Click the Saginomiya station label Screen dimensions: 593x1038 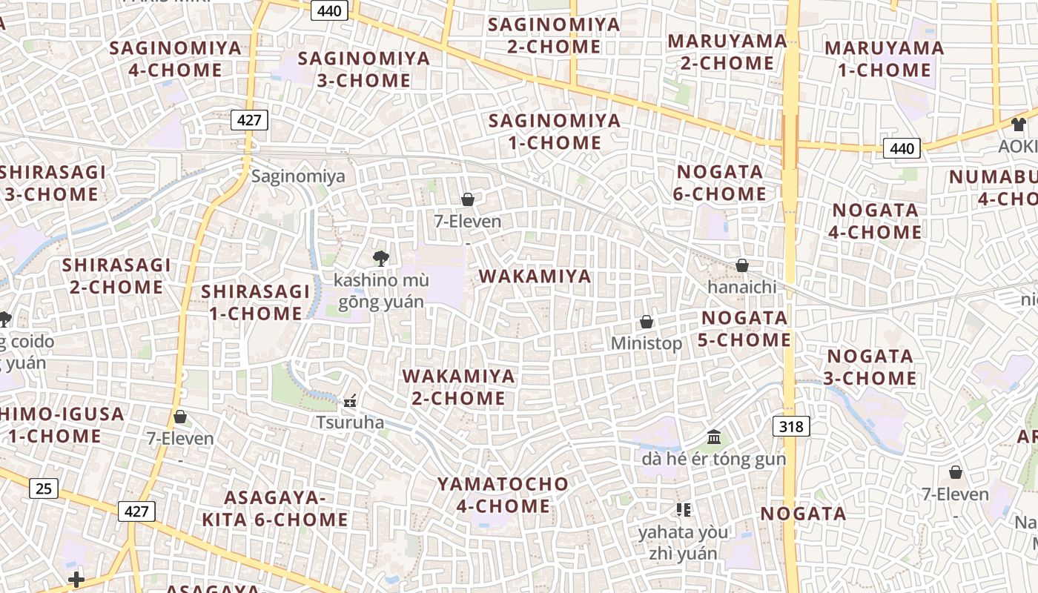(298, 176)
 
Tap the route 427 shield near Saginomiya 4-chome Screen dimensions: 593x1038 (248, 120)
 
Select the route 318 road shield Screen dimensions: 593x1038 (791, 426)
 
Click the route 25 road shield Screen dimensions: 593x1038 (44, 488)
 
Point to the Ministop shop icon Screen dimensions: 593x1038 (647, 322)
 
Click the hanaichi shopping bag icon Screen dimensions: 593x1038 (741, 265)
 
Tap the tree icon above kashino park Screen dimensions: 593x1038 (380, 258)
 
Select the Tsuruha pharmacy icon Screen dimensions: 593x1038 (350, 402)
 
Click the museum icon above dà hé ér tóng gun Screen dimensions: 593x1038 (714, 437)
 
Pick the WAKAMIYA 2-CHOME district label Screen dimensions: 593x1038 (458, 387)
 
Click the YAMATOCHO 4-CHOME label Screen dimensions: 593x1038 (503, 495)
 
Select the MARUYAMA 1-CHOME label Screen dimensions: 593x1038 (884, 59)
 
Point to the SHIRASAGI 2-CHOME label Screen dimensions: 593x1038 (116, 276)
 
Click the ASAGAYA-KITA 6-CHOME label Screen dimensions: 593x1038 (275, 508)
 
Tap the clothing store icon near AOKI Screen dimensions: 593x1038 (1017, 125)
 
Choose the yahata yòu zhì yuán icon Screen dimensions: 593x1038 (683, 509)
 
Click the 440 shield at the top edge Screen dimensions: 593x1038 (329, 10)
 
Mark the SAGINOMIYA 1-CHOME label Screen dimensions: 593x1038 (555, 131)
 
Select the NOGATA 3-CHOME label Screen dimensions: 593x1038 (870, 367)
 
